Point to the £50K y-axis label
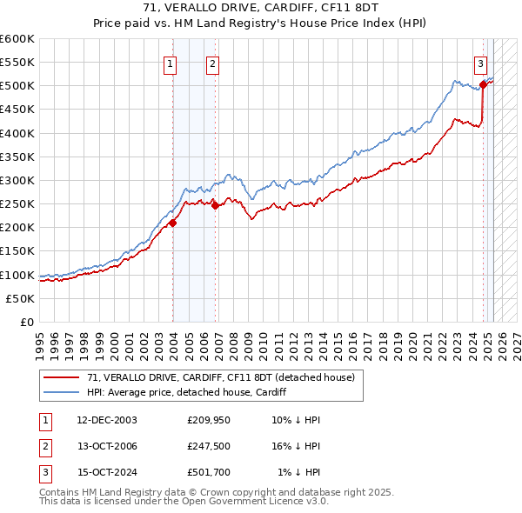tap(21, 298)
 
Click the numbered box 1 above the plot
tap(170, 63)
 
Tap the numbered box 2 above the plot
tap(212, 63)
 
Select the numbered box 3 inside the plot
tap(480, 63)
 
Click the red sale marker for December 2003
tap(173, 223)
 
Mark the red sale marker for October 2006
tap(216, 205)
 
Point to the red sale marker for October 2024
tap(483, 84)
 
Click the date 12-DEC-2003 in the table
tap(107, 420)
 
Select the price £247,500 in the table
tap(209, 447)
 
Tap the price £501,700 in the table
tap(209, 474)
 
